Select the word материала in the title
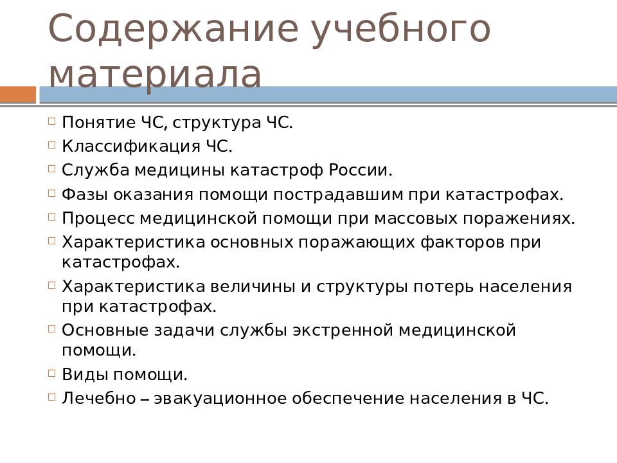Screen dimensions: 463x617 tap(155, 75)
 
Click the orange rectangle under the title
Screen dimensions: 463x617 tap(18, 95)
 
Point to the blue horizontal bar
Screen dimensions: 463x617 tap(328, 95)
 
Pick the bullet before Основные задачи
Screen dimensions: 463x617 tap(52, 329)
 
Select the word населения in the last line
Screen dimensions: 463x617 tap(445, 398)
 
